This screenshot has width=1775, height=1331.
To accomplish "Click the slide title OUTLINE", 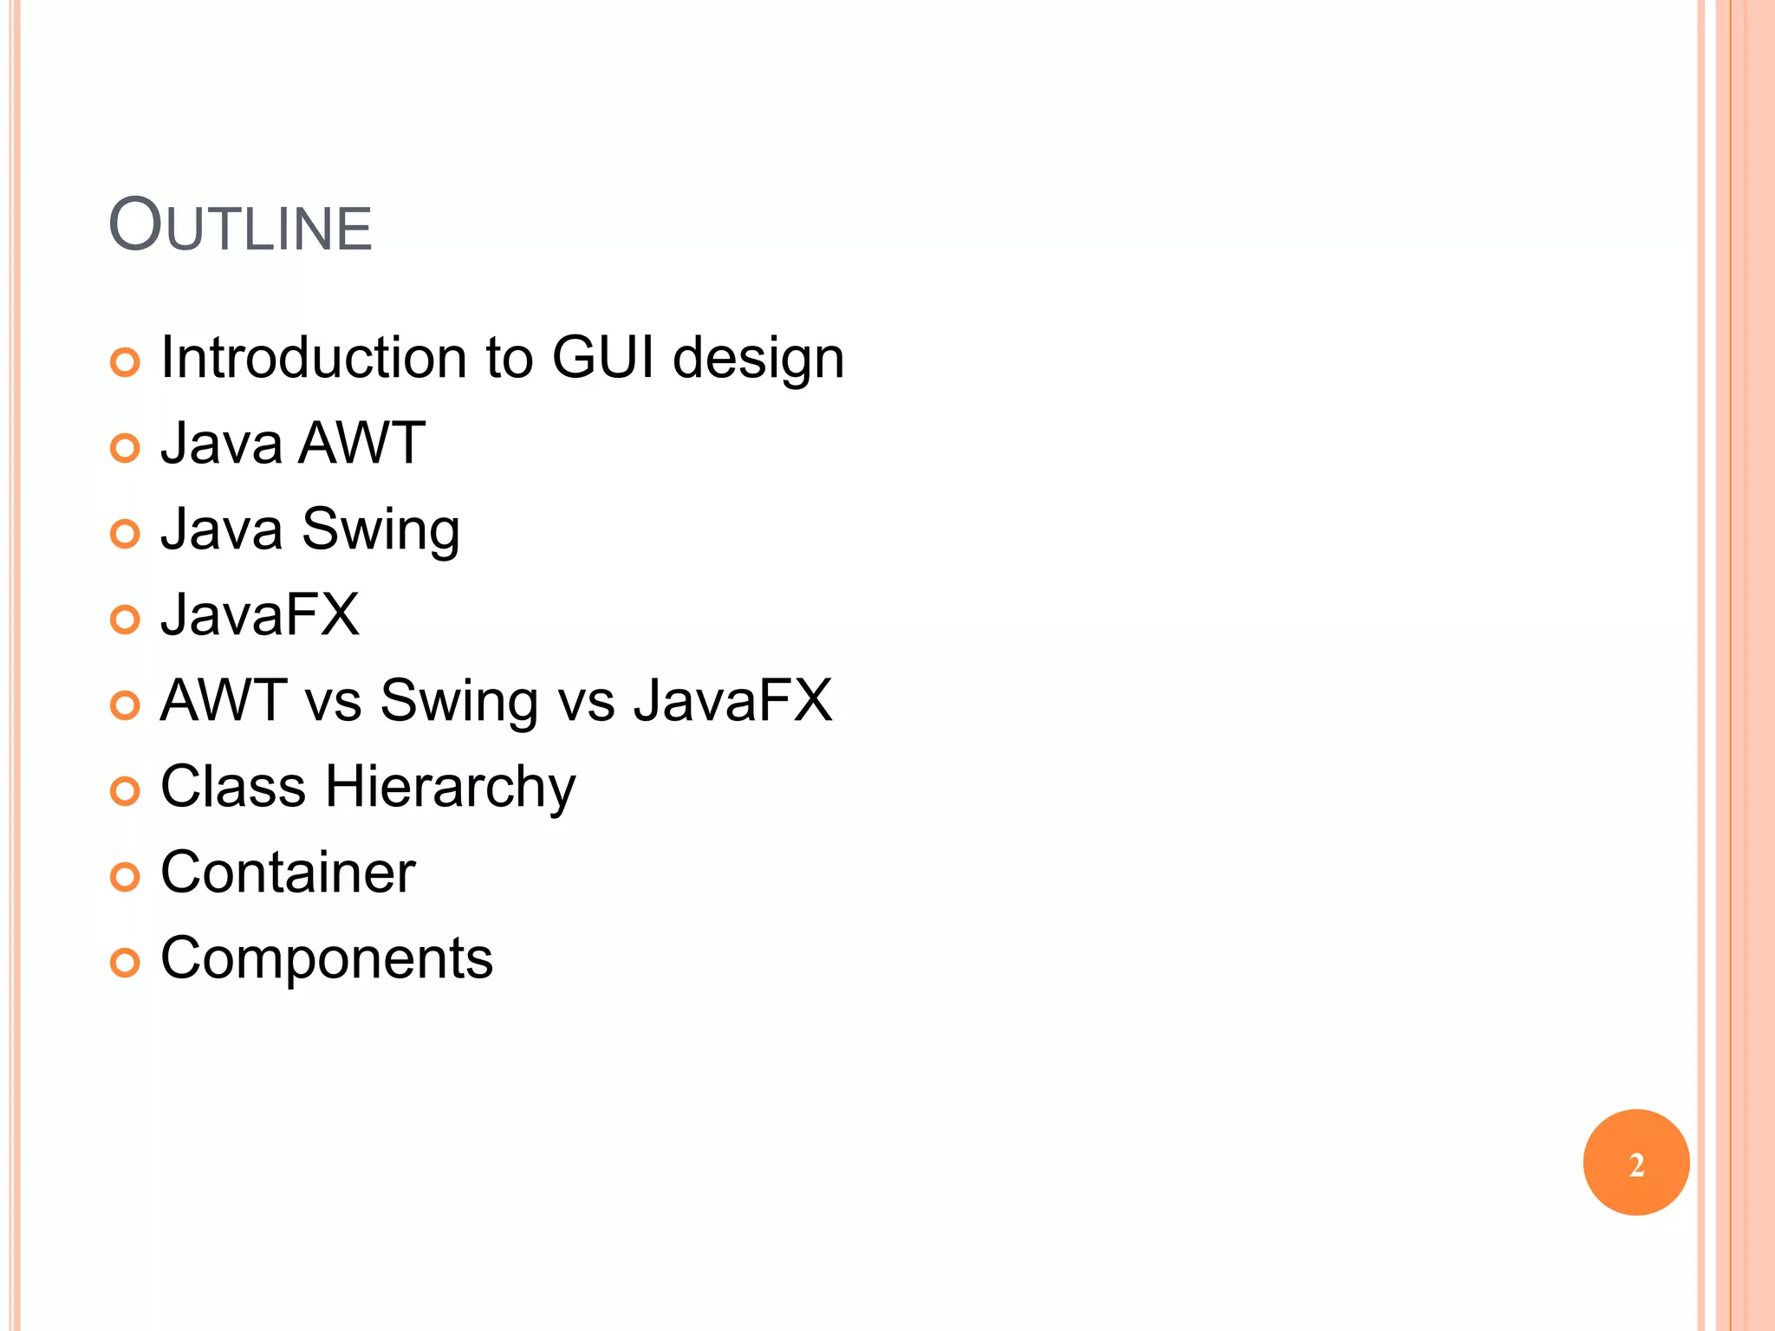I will tap(240, 225).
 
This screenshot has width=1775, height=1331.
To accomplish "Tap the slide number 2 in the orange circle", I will tap(1635, 1164).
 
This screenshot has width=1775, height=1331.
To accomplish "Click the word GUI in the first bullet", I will tap(603, 357).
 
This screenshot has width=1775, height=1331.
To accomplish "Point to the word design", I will tap(758, 359).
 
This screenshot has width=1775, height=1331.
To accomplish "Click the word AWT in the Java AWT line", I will tap(361, 443).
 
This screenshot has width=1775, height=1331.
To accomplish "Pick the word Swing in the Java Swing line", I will tap(380, 529).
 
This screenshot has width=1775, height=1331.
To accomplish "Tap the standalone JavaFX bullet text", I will tap(260, 614).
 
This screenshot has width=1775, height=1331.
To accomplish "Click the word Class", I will tap(233, 786).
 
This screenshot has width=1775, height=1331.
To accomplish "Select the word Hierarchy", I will tap(451, 788).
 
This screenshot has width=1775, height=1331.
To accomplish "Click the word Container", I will tap(288, 872).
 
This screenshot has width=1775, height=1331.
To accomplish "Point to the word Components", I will tap(327, 958).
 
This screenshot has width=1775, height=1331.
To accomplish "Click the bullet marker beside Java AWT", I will tap(125, 448).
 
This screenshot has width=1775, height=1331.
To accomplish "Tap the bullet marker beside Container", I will tap(125, 877).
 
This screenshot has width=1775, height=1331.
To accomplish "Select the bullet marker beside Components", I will tap(125, 963).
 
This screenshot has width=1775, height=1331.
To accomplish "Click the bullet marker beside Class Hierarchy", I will tap(125, 791).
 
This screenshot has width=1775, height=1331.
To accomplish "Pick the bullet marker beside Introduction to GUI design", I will tap(125, 362).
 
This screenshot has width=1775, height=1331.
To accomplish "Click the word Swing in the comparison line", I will tap(459, 701).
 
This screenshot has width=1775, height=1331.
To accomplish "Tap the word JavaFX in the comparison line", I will tap(732, 700).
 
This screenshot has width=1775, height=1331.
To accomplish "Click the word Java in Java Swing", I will tap(222, 529).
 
